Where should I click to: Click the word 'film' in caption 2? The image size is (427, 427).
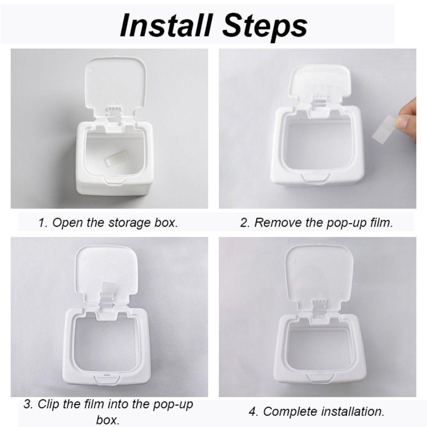[380, 222]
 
